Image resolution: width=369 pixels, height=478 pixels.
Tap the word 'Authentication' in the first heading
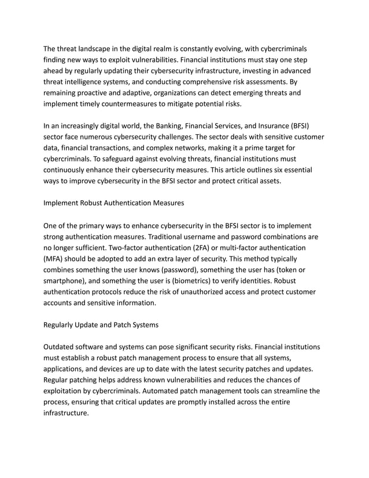135,203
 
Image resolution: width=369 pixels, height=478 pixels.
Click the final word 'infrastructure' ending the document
65,413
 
